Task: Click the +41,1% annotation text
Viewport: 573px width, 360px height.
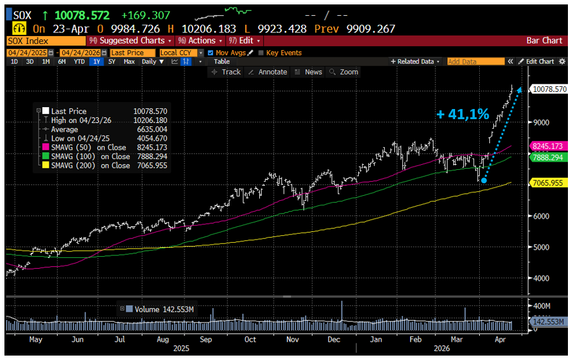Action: pos(463,114)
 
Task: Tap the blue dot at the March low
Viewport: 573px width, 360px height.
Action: pos(484,181)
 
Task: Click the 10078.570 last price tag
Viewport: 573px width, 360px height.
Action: pos(550,89)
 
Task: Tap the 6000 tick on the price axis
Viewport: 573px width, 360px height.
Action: pos(541,216)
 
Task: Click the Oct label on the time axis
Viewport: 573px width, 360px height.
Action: pos(250,339)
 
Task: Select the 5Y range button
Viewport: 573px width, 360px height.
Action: pos(112,61)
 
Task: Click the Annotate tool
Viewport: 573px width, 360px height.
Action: pos(268,72)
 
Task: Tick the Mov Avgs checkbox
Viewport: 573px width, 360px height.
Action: pos(211,53)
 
